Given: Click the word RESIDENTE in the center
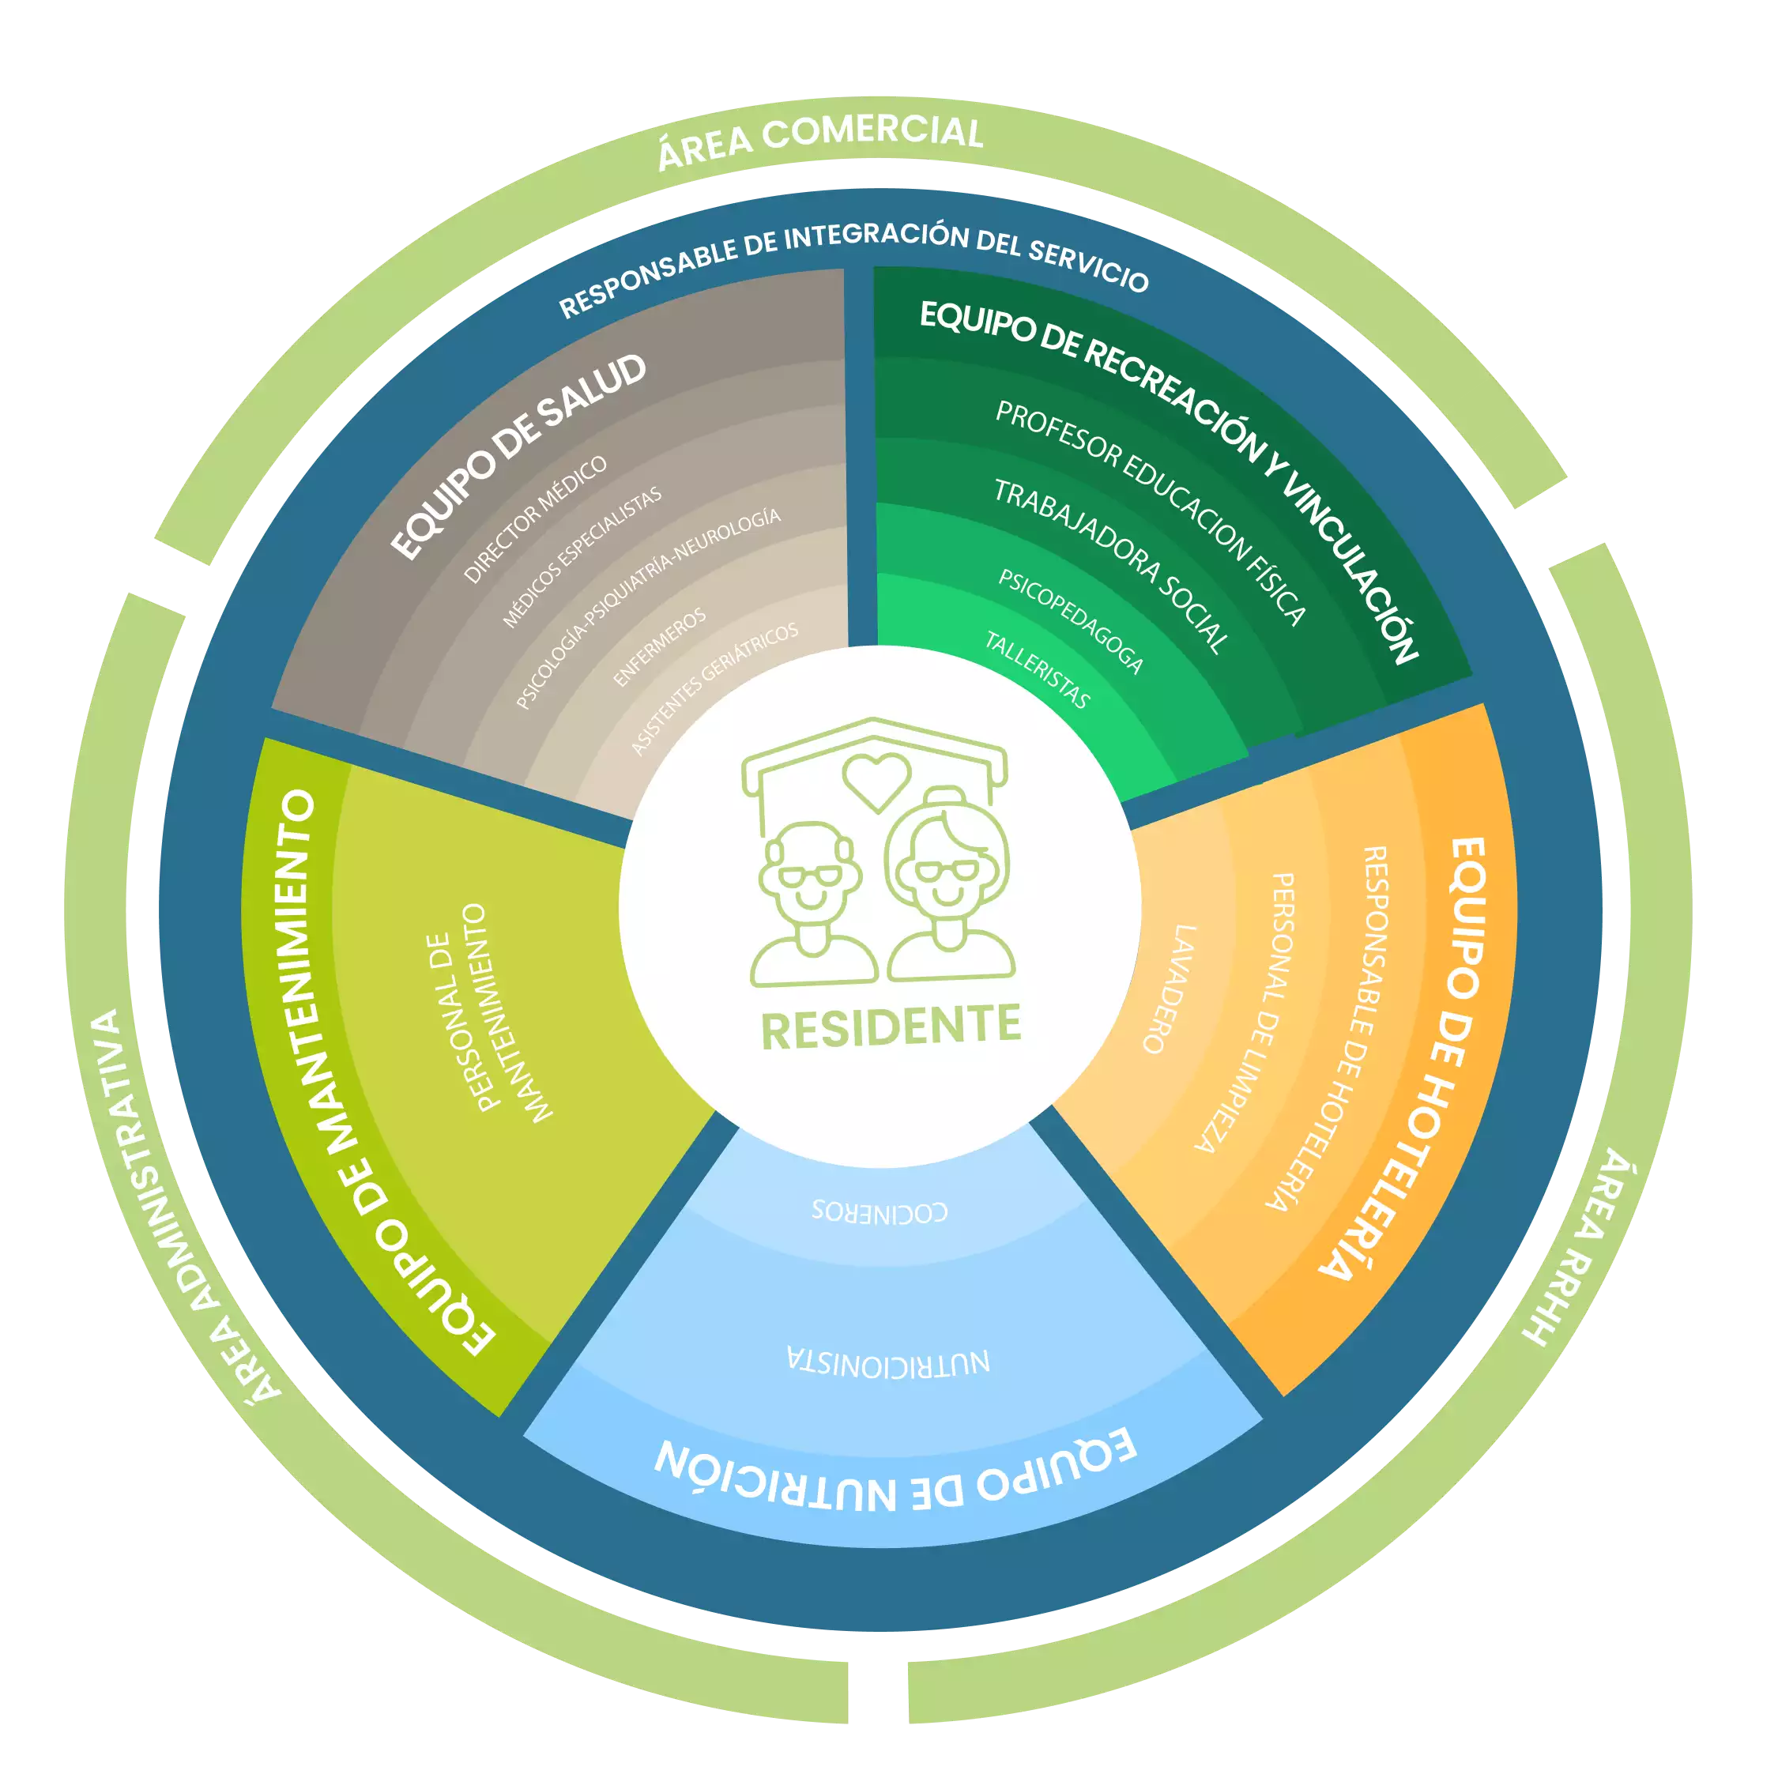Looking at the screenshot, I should click(891, 1026).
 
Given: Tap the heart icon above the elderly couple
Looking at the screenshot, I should click(876, 781).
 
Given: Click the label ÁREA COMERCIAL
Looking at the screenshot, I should click(820, 143).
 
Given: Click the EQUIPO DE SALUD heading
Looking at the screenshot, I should click(519, 457).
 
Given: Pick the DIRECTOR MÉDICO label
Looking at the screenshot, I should click(536, 519).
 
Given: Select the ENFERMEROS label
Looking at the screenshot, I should click(660, 646).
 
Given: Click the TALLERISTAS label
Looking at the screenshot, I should click(1037, 670).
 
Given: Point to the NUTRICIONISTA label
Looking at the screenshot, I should click(888, 1362).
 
